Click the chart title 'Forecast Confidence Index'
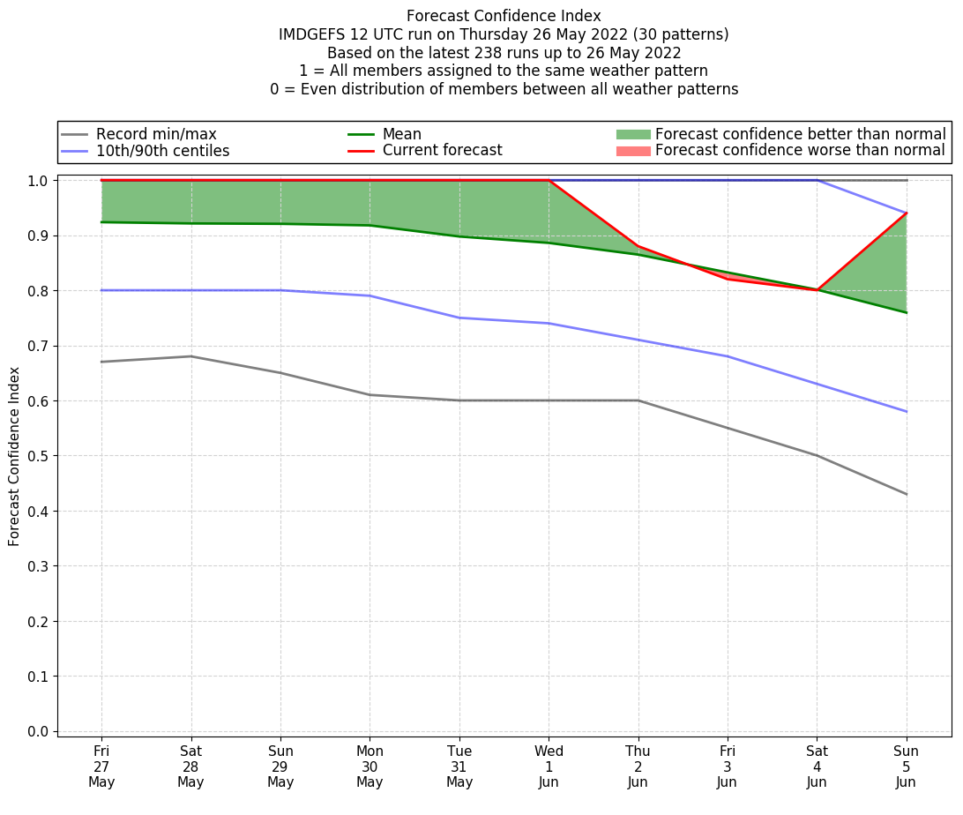[504, 16]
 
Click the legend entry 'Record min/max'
[156, 134]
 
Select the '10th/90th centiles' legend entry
[162, 151]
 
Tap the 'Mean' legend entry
[401, 134]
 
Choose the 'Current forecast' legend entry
[442, 151]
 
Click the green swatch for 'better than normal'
[632, 134]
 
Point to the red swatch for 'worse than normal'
[632, 151]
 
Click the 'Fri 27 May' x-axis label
[101, 766]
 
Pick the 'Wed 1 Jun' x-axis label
[549, 766]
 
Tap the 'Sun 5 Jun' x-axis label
[906, 766]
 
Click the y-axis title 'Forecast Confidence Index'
[14, 456]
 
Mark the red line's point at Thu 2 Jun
[638, 246]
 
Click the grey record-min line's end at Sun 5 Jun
[906, 494]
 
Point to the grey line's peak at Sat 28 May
[190, 356]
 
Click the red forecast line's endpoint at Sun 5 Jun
[906, 213]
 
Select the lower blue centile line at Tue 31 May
[459, 318]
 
